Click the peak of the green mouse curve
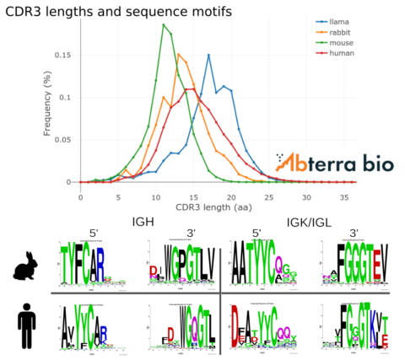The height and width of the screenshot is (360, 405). coord(163,24)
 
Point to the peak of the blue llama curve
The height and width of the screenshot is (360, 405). coord(208,56)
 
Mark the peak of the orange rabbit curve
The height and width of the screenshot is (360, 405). coord(178,55)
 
